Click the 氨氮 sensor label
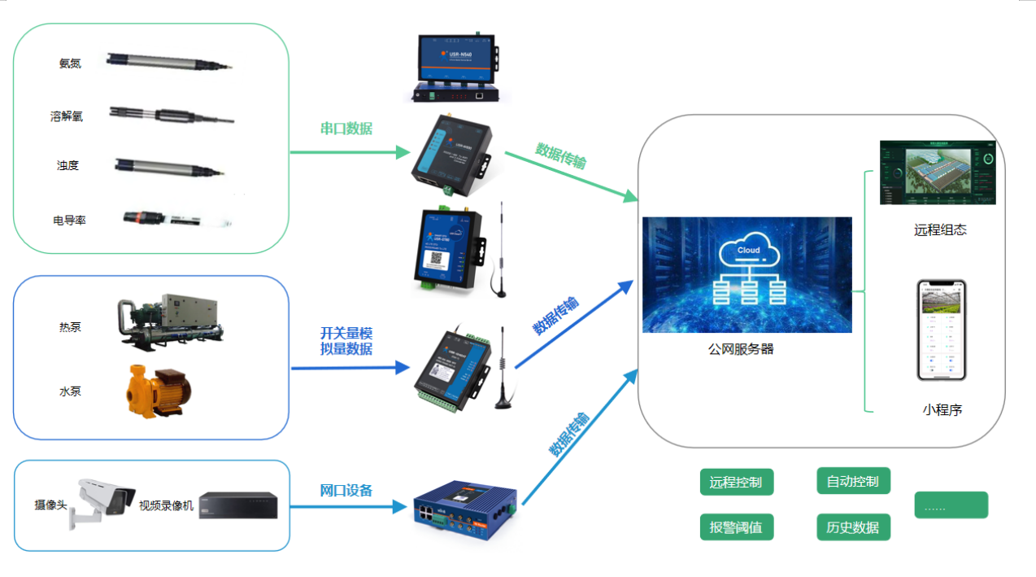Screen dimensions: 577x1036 click(70, 63)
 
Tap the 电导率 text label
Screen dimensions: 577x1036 click(70, 220)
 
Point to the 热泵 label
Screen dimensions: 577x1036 click(70, 327)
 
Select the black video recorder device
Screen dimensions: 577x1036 click(238, 505)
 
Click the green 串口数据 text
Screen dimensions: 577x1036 click(346, 128)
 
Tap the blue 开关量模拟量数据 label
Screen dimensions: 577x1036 click(346, 341)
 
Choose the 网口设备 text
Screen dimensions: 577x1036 click(346, 490)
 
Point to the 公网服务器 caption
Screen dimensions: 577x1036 click(741, 349)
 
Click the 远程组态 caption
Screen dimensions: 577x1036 click(940, 229)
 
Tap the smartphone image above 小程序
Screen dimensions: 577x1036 click(942, 330)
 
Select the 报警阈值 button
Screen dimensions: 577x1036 click(736, 527)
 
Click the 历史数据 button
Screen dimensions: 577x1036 click(853, 527)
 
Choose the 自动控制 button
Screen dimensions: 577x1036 click(853, 481)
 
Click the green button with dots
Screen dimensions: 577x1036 click(951, 505)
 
